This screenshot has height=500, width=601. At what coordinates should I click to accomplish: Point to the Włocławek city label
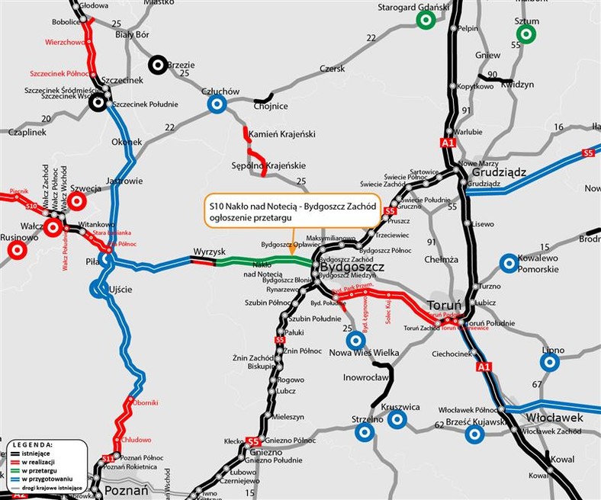[x=554, y=418]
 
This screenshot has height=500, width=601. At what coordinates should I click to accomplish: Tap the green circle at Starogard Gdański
[x=427, y=21]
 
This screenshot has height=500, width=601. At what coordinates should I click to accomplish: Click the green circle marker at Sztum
[x=525, y=34]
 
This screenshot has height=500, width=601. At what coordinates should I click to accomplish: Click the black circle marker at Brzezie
[x=159, y=66]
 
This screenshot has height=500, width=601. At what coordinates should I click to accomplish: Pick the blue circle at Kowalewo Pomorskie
[x=508, y=264]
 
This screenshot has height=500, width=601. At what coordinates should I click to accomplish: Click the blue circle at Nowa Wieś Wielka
[x=354, y=340]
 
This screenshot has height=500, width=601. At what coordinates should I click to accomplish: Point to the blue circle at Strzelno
[x=365, y=432]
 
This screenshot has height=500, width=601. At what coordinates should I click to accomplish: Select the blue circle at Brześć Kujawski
[x=474, y=434]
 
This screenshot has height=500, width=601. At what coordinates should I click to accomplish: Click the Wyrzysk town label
[x=206, y=251]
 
